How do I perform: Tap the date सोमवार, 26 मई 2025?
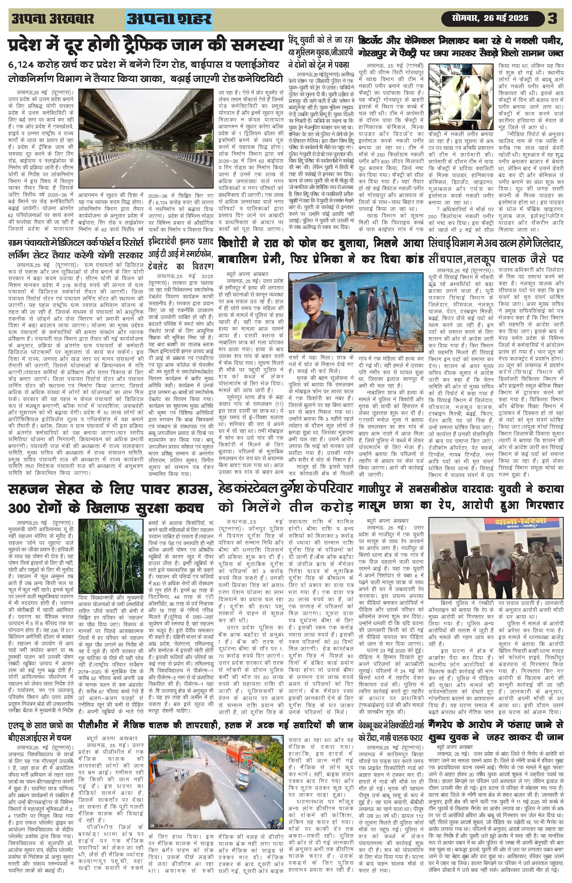491,19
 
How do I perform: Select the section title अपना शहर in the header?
169,19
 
